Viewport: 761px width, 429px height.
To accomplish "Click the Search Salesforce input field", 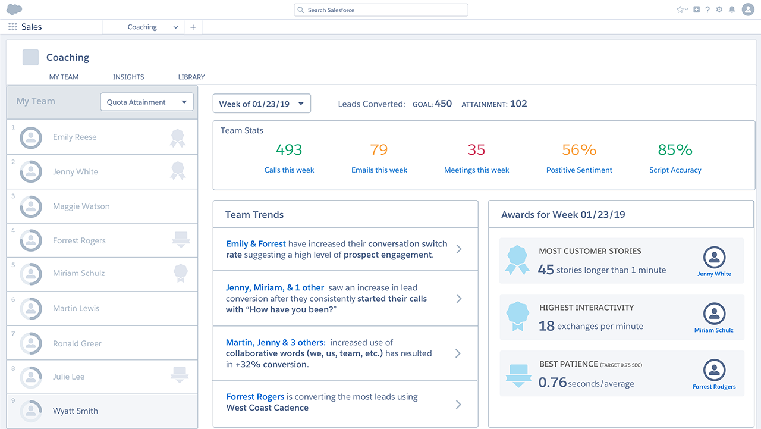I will (380, 10).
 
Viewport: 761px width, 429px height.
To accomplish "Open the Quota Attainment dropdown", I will (147, 102).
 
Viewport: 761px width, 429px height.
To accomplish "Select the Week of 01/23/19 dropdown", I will (262, 104).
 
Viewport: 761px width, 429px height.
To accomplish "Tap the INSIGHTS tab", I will (128, 77).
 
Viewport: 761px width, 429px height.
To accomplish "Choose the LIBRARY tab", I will (191, 77).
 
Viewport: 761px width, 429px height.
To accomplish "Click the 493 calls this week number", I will (289, 150).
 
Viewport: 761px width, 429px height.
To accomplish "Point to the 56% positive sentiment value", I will (579, 150).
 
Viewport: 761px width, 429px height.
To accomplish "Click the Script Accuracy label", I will (675, 170).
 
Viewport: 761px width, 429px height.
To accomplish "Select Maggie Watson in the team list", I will (81, 206).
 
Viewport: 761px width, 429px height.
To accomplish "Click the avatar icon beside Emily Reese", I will (31, 137).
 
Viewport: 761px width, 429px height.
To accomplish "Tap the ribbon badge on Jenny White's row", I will (178, 171).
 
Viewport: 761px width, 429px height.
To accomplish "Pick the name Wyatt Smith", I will (76, 411).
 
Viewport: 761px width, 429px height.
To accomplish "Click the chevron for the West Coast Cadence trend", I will (458, 405).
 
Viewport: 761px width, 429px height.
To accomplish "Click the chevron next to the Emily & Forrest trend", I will (458, 249).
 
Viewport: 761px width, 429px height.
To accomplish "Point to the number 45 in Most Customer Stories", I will (546, 270).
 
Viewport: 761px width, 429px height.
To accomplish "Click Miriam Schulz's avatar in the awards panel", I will (714, 314).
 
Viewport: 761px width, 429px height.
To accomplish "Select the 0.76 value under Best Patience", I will (552, 383).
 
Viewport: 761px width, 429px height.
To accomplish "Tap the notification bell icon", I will (732, 10).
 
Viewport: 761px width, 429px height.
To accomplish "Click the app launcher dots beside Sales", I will (12, 27).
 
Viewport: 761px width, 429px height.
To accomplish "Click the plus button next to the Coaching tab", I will (193, 27).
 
